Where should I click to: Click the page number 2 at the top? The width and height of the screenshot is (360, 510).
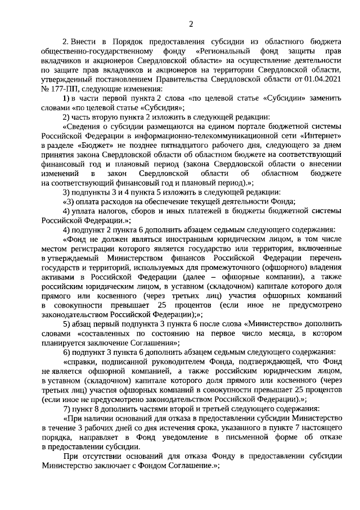(x=191, y=22)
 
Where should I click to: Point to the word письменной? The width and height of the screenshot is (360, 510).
(x=244, y=440)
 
